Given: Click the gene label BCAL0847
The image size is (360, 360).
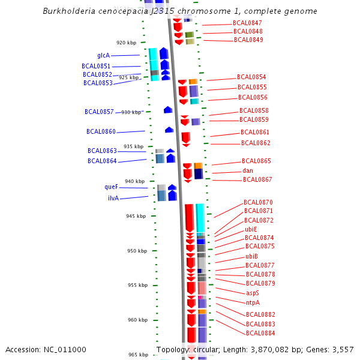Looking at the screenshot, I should tap(247, 23).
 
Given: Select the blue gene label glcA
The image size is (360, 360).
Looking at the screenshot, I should tap(103, 55).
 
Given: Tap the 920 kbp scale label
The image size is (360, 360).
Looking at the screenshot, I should tap(126, 43).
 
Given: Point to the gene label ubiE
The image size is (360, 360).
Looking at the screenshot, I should tap(251, 229).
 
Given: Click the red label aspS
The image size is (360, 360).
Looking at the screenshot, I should tap(253, 293).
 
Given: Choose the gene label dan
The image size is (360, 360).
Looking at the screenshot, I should tap(248, 170).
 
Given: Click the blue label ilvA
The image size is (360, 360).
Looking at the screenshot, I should tap(113, 198).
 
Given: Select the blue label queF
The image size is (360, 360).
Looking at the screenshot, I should tap(111, 187).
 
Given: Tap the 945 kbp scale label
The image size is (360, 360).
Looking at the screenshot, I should tap(136, 216).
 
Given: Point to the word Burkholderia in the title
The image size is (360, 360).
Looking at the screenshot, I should tap(67, 11).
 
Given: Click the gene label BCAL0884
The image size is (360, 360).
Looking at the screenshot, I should tap(260, 333).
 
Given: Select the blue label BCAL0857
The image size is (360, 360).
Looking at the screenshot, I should tap(99, 112).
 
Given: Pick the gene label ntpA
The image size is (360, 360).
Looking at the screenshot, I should tap(253, 302).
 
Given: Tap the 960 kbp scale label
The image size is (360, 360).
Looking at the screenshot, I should tap(137, 320).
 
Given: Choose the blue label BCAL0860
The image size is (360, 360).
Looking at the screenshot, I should tap(101, 131).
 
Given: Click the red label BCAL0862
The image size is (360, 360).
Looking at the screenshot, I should tap(256, 143).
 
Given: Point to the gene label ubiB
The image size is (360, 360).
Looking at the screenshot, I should tap(251, 256).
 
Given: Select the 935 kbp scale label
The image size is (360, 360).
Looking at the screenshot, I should tap(134, 146).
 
